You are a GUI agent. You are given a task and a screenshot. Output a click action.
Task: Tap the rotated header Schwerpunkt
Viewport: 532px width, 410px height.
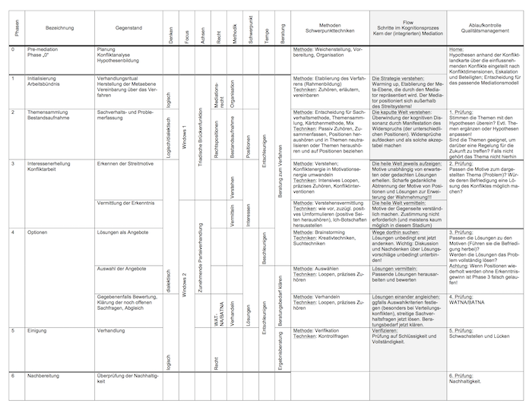point(249,27)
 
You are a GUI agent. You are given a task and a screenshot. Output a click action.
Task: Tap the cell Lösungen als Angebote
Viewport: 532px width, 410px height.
point(122,232)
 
